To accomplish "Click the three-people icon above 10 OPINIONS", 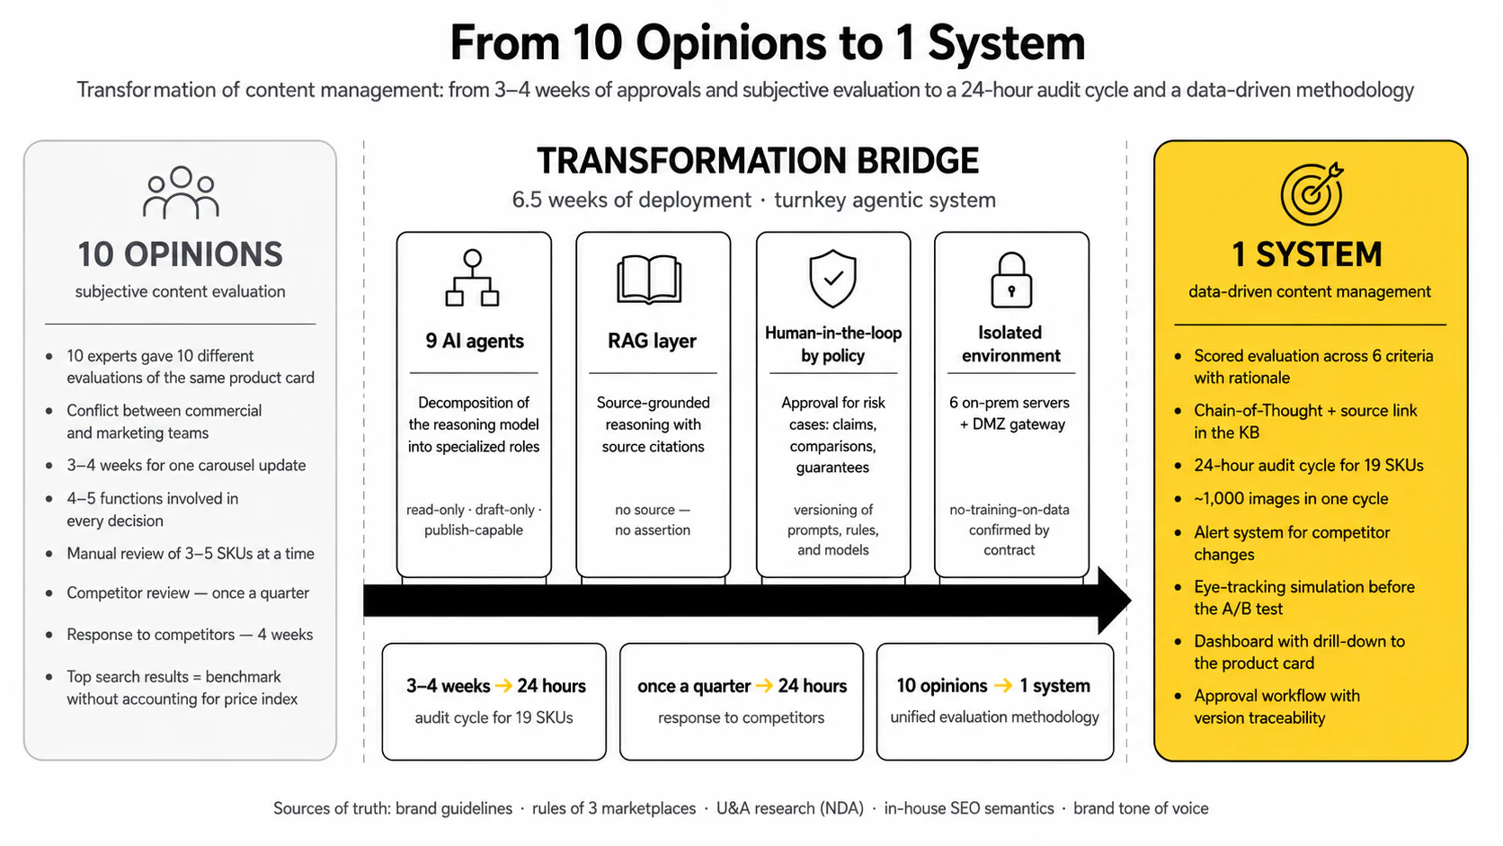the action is point(181,192).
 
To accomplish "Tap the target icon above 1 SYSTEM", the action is point(1312,194).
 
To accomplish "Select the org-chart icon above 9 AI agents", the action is point(472,278).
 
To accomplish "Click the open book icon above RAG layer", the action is point(650,280).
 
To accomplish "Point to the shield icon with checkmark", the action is point(832,279).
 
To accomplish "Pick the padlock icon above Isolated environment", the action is point(1011,280).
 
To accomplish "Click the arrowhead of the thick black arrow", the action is point(1115,601).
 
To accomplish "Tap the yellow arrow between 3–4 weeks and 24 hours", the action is point(503,686).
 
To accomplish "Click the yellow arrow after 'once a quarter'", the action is point(764,686).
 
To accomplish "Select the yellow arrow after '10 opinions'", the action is point(1003,686).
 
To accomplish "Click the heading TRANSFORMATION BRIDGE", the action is point(758,161).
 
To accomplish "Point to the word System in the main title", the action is point(1007,44).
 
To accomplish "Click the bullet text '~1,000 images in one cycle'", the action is point(1291,499).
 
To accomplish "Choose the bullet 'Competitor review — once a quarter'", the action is point(188,593).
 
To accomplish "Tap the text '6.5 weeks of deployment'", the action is point(631,200).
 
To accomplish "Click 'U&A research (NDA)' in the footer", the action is point(790,808).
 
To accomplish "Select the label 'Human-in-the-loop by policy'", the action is point(832,344).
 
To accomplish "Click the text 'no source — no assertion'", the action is point(653,520).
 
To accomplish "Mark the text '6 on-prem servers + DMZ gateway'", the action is point(1009,414).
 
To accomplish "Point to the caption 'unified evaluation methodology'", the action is point(994,717).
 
